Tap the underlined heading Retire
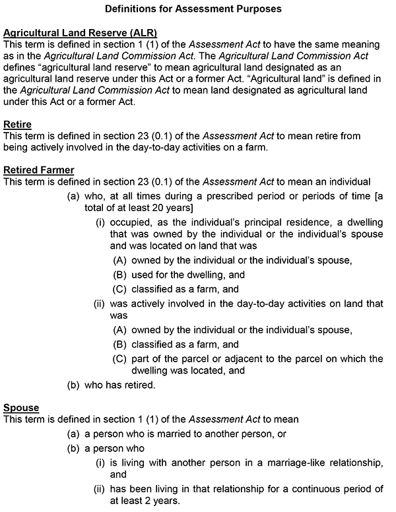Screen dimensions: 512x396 17,124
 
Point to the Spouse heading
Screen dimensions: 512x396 21,408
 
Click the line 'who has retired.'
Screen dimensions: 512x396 120,385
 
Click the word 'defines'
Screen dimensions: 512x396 20,67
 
